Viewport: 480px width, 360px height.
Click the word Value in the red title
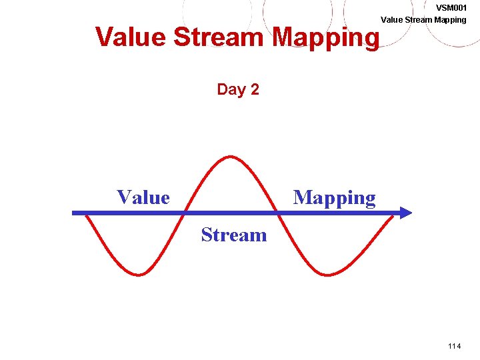point(131,37)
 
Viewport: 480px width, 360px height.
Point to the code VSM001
point(451,7)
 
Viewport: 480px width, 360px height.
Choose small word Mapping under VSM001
point(450,20)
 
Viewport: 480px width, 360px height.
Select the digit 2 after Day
point(254,89)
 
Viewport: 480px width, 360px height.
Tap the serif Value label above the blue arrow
point(143,197)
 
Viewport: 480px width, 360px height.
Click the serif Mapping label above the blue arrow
point(334,198)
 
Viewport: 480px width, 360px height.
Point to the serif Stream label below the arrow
point(233,235)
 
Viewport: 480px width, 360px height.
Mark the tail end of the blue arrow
point(73,213)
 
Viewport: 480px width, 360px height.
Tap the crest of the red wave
point(231,157)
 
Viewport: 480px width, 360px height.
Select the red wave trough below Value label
point(138,273)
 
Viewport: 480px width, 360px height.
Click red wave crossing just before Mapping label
point(277,213)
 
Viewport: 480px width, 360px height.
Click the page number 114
point(455,345)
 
